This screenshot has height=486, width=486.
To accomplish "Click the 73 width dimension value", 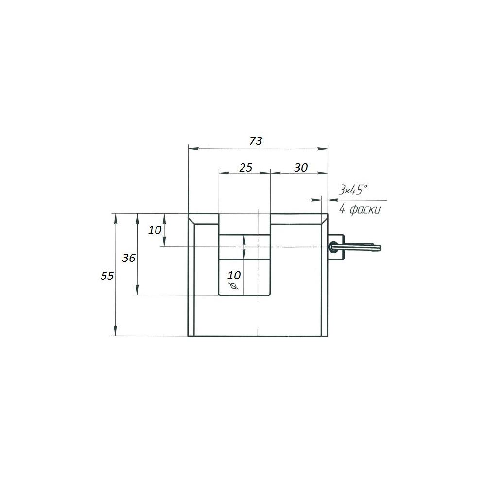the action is point(256,141).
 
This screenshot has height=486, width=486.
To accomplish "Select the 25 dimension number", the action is point(246,168).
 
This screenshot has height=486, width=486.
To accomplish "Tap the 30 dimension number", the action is point(301,168).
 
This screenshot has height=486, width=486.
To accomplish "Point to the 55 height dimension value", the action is point(107,276).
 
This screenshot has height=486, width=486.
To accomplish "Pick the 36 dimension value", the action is point(129,258).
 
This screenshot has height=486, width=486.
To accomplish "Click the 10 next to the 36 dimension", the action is point(155,230).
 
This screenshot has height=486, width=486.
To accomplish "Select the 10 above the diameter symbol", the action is point(234,275).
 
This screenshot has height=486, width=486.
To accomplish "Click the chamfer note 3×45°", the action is point(353,190).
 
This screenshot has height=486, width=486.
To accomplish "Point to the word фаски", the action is point(365,210).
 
